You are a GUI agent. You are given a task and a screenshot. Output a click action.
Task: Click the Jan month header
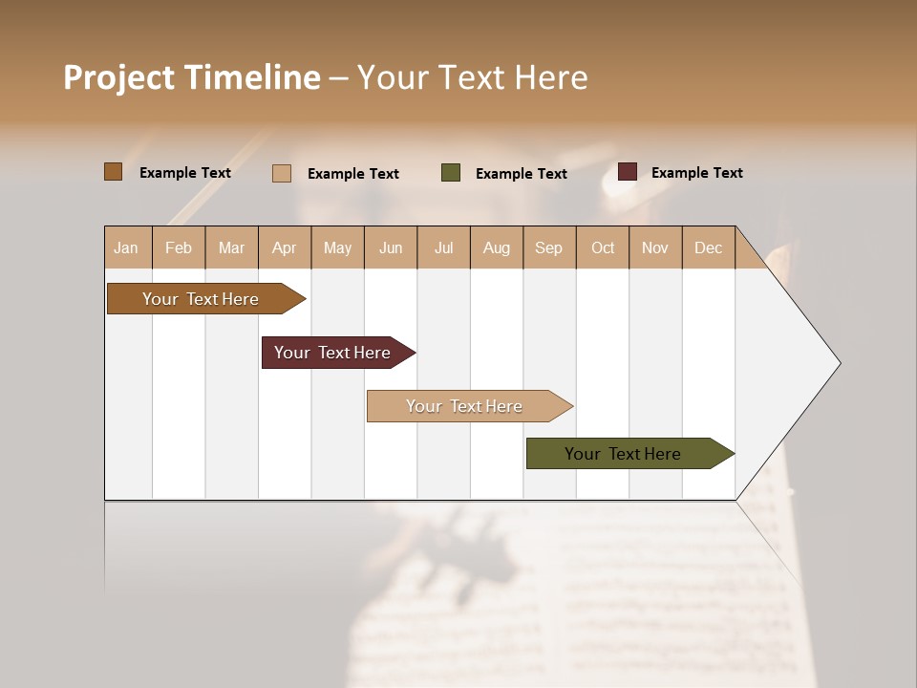(126, 247)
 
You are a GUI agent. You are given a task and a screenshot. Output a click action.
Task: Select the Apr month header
(284, 247)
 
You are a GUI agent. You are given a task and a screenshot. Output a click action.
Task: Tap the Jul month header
(443, 247)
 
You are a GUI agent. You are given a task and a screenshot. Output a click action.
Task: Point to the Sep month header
(548, 247)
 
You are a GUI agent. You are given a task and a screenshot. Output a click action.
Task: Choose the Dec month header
(708, 247)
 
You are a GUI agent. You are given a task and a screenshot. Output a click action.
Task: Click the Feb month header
(179, 247)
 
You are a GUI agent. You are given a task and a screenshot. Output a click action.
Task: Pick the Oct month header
(603, 247)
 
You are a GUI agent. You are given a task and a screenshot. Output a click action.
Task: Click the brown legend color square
(114, 172)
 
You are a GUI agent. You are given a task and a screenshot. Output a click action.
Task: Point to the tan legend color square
(282, 173)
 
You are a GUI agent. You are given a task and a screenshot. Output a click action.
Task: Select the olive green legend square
(451, 173)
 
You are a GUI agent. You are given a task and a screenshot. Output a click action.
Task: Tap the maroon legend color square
(628, 172)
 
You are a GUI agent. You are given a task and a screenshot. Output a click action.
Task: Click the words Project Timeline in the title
(192, 77)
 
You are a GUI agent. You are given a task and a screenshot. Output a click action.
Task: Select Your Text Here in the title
(472, 77)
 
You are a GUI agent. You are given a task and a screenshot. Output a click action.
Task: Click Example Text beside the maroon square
(696, 173)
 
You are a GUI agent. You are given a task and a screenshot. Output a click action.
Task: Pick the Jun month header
(391, 247)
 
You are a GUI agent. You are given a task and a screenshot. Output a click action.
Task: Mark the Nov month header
(655, 247)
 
